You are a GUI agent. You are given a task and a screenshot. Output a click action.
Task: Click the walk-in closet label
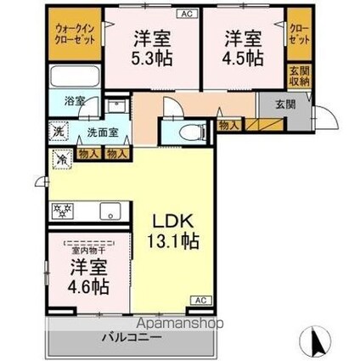coord(75,34)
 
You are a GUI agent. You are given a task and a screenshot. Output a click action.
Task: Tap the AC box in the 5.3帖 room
coord(187,14)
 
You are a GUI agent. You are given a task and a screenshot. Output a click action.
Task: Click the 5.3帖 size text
coord(152,59)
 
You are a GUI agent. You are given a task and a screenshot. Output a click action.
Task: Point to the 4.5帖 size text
coord(243,59)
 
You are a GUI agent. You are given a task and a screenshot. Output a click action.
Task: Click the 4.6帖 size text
coord(88,286)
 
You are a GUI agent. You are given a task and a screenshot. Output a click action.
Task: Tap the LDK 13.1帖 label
coord(173,231)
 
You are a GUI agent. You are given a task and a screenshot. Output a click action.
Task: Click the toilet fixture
coord(193,133)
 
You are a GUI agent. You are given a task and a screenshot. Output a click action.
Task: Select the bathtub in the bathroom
coord(75,76)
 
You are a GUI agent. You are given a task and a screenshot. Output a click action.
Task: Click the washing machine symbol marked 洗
coord(59,131)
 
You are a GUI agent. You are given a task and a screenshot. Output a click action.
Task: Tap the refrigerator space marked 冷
coord(62,159)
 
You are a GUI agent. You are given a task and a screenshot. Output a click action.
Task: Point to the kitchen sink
coord(110,211)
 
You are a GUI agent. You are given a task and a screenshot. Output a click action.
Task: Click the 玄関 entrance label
coord(286,104)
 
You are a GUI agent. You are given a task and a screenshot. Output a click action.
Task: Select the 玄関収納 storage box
coord(300,76)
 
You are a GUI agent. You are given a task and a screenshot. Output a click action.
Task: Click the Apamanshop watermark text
coord(180,323)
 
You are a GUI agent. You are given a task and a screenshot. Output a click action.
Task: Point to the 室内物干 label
coord(89,251)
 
